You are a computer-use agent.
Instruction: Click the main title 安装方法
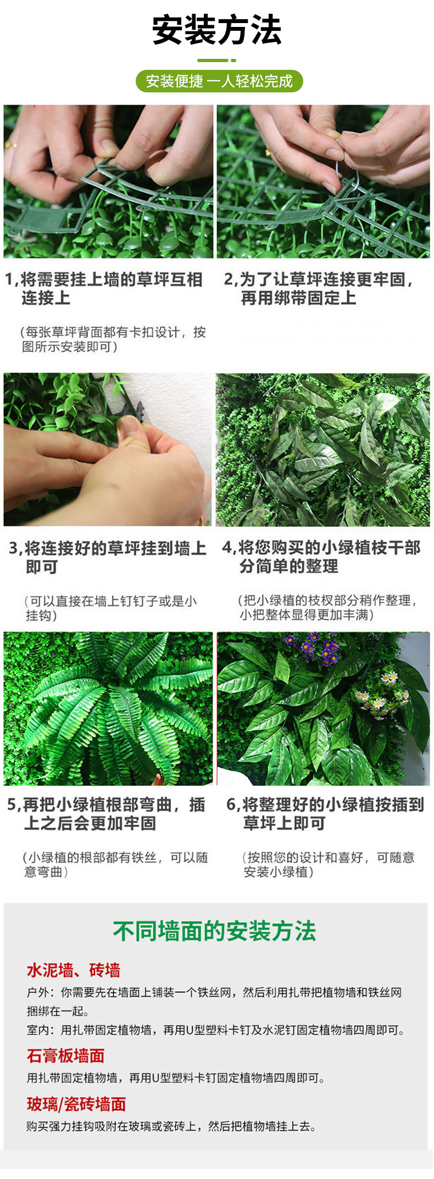coord(217,30)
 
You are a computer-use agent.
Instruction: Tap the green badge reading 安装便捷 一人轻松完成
coord(219,81)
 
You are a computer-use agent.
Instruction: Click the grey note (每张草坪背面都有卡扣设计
coord(113,339)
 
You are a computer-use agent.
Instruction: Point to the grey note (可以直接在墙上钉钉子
coord(110,608)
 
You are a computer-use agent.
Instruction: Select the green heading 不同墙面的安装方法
coord(215,931)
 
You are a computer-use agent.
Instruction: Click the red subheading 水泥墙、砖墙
coord(74,970)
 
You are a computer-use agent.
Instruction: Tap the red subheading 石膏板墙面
coord(65,1055)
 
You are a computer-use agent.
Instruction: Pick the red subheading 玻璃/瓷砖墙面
coord(76,1104)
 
